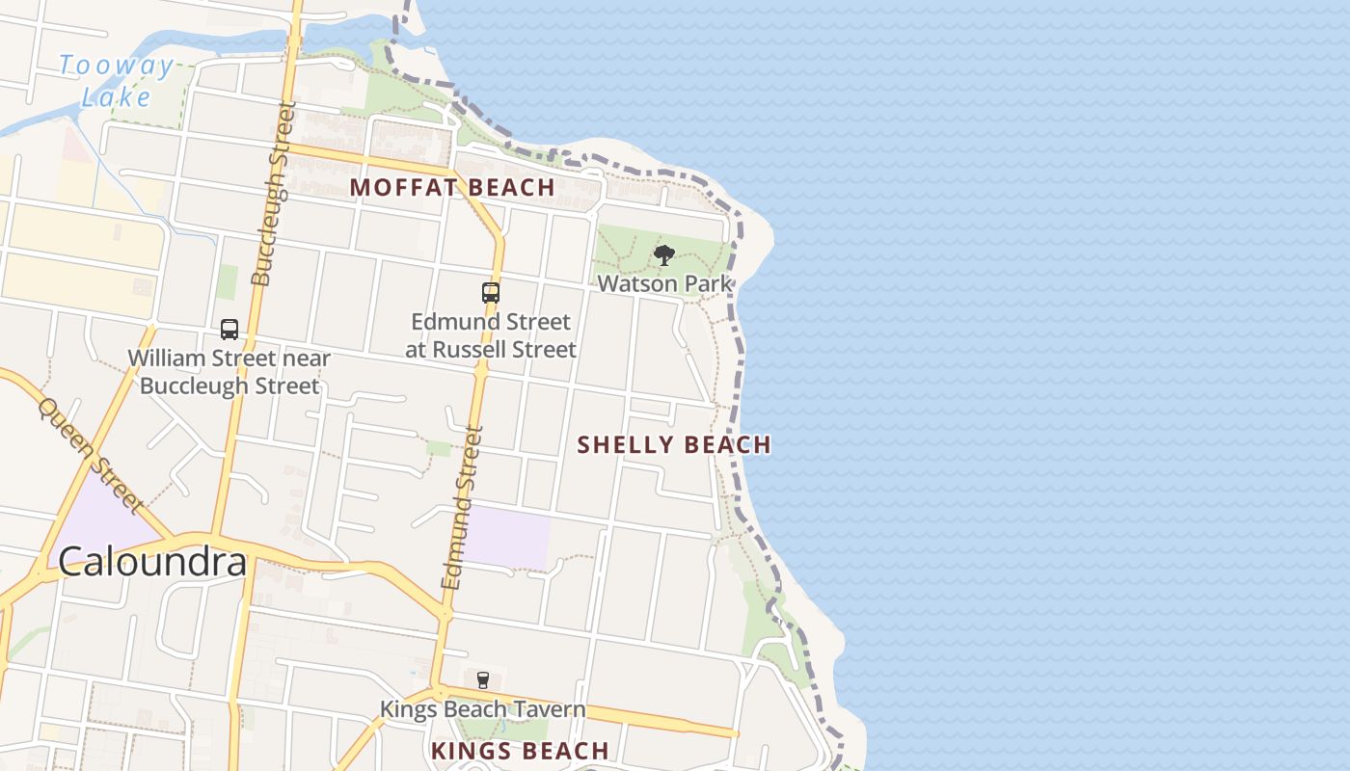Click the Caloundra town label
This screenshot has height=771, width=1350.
152,562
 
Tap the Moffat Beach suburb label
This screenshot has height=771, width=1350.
452,187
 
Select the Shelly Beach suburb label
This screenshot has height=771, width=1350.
674,444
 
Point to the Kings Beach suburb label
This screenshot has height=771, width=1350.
520,751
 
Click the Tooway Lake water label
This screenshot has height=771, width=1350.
116,81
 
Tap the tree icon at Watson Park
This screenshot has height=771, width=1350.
663,255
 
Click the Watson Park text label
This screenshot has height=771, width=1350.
664,283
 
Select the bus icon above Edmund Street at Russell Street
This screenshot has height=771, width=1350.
490,293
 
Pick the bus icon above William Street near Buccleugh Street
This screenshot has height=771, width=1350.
229,330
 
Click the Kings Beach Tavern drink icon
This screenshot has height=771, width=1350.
483,680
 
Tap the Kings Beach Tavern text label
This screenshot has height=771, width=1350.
482,709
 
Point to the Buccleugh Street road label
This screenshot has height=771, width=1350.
272,196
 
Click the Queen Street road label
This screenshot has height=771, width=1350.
90,456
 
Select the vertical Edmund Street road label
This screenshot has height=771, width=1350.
461,508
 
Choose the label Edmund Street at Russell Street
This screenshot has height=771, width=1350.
490,335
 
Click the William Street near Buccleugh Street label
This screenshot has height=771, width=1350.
229,372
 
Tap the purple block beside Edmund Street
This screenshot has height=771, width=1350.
506,536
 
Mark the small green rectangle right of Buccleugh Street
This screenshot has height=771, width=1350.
227,281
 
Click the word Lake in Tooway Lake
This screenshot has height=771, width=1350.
116,96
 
